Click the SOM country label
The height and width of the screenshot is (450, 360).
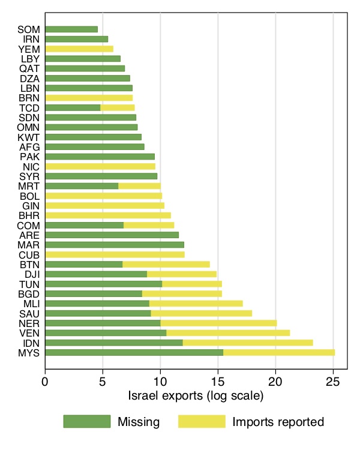[x=29, y=29]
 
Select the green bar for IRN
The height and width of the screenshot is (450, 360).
[x=76, y=39]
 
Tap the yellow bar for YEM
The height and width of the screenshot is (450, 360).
[x=79, y=49]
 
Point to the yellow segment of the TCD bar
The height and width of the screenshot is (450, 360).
[x=118, y=107]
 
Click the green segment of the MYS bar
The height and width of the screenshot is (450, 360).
[x=134, y=352]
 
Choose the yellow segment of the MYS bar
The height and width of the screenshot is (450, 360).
[x=279, y=352]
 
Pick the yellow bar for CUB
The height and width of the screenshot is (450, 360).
[x=115, y=254]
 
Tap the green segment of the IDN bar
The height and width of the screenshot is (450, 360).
[x=113, y=343]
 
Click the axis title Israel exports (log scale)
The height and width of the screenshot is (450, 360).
[x=196, y=396]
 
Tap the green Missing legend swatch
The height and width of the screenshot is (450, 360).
[x=87, y=422]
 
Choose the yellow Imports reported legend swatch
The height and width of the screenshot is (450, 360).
[x=202, y=422]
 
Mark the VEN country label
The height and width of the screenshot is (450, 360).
[x=29, y=333]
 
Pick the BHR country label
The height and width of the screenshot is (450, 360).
[x=29, y=215]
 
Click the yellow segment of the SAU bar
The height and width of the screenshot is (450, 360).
[x=201, y=313]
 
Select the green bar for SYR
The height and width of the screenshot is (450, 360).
[x=101, y=176]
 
